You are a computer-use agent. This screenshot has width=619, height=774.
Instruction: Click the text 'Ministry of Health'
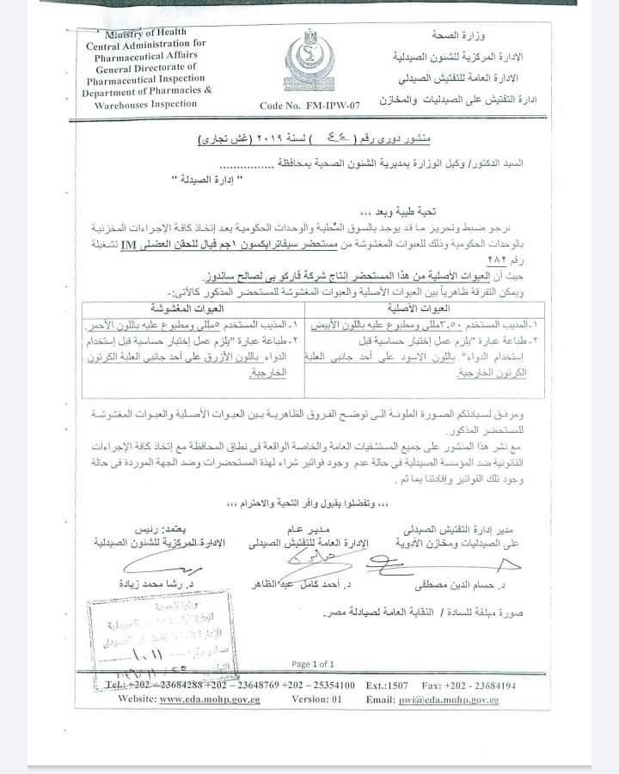tap(140, 32)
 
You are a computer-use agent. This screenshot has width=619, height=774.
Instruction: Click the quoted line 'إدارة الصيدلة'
tap(205, 180)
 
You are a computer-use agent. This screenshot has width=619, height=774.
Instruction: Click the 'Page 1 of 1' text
tap(312, 664)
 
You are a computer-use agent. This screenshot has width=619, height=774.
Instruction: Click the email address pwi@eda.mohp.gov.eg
tap(448, 699)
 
